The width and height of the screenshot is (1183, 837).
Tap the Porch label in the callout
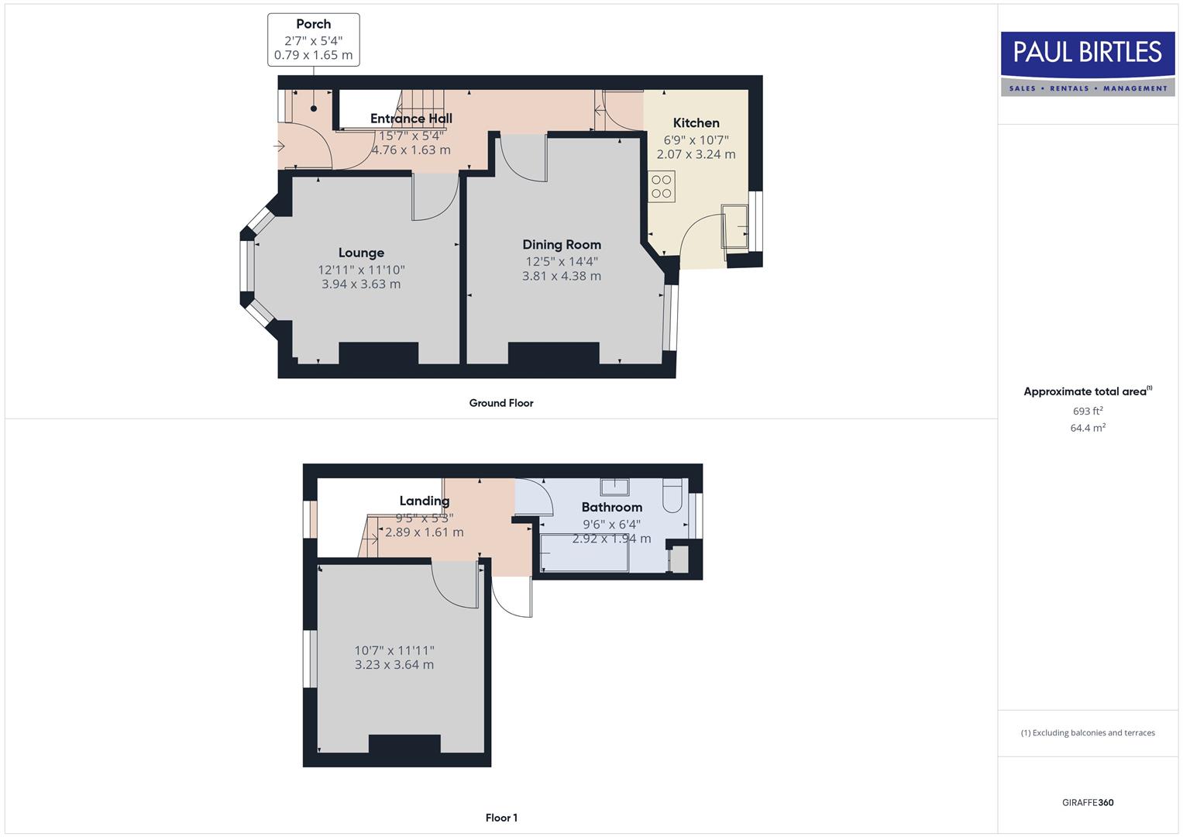(313, 24)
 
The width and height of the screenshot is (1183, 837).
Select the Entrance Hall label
(411, 119)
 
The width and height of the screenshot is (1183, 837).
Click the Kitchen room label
(696, 122)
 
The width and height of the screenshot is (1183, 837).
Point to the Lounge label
(361, 253)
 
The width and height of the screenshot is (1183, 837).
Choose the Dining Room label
(562, 245)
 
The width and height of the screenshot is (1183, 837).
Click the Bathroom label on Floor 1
(611, 507)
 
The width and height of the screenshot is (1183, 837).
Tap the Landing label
(424, 501)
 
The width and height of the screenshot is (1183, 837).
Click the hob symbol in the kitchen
(662, 187)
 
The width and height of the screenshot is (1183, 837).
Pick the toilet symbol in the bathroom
(672, 496)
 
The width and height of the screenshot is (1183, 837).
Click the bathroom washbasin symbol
(615, 487)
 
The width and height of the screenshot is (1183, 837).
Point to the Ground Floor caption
(501, 403)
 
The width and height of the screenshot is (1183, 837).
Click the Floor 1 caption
(501, 818)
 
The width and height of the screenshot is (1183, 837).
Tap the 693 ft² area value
(1088, 411)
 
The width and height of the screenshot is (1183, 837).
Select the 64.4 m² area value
(1088, 428)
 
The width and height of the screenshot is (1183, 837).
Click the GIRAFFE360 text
(1088, 803)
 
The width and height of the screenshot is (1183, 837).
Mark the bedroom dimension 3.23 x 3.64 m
(394, 665)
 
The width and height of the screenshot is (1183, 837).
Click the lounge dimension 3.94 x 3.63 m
(361, 284)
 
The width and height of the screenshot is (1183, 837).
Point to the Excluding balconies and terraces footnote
(1088, 732)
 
